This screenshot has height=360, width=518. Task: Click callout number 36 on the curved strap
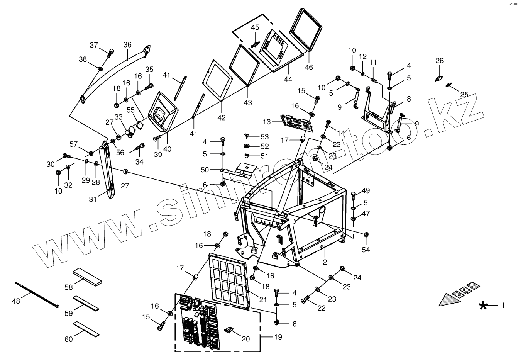[127, 45]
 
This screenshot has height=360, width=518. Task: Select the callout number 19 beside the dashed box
[278, 337]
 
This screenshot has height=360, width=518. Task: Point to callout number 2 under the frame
[325, 262]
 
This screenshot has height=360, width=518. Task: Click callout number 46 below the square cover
[309, 67]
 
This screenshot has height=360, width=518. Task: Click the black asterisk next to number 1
[482, 306]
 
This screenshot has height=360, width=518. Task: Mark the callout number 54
[366, 250]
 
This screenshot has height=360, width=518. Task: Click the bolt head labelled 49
[354, 194]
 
